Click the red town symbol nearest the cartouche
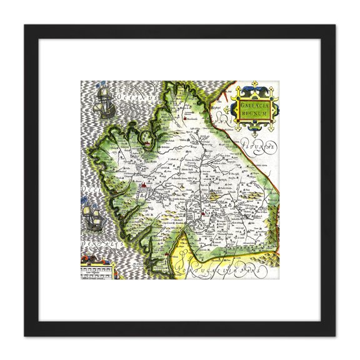click(x=187, y=117)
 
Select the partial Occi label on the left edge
click(x=88, y=187)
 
